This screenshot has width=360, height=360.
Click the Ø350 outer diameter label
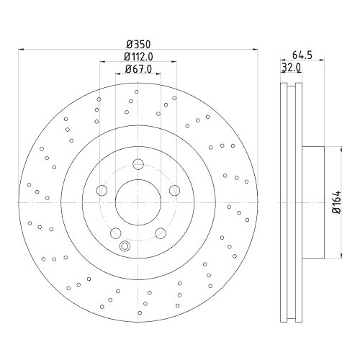(x=137, y=43)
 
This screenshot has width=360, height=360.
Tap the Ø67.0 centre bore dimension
(x=137, y=69)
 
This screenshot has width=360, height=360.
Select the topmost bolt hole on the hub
(x=137, y=161)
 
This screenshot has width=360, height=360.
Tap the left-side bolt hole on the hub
(x=102, y=190)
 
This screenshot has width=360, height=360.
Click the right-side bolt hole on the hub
(x=174, y=190)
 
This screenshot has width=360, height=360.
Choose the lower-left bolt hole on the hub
(x=114, y=232)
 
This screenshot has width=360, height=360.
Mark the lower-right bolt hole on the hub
(x=159, y=232)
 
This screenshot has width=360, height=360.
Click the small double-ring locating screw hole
(x=126, y=247)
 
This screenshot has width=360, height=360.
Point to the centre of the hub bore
(x=137, y=201)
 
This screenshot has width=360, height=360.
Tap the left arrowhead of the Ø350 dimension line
(x=21, y=50)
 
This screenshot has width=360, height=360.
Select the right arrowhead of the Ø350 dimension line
(x=253, y=50)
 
